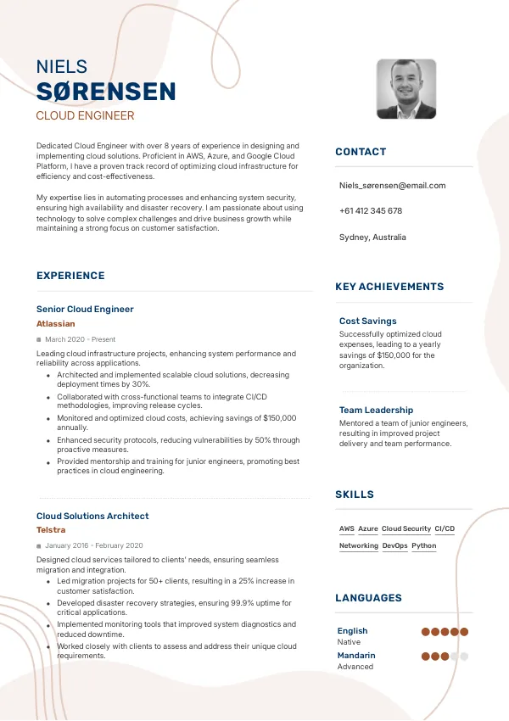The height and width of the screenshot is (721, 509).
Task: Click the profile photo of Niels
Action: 406,89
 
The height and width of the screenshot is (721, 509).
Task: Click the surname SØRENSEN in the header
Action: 106,92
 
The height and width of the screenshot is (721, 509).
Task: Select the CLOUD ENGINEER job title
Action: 85,116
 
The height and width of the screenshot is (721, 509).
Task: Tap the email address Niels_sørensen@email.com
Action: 392,185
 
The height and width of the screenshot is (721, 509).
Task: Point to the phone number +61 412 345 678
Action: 371,210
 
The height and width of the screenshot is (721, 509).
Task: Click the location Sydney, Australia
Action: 372,237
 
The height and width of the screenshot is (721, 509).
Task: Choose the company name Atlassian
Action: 56,323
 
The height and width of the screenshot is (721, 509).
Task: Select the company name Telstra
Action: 51,530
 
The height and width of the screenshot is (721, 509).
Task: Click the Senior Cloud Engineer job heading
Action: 85,309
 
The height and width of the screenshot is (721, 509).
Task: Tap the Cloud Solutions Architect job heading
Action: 92,516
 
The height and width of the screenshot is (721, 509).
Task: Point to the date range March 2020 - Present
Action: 80,339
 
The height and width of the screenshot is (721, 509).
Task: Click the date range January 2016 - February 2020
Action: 93,545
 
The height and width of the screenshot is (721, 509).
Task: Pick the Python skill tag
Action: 424,545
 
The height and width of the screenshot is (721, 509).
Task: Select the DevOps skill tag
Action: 394,545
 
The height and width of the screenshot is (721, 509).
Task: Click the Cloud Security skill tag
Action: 406,528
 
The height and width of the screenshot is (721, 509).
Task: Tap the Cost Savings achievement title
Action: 367,321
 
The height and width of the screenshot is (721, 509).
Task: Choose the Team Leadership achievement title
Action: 376,410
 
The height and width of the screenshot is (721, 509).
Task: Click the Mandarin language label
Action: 356,655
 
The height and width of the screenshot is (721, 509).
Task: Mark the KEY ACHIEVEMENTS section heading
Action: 389,287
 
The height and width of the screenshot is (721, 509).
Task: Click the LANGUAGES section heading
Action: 368,598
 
